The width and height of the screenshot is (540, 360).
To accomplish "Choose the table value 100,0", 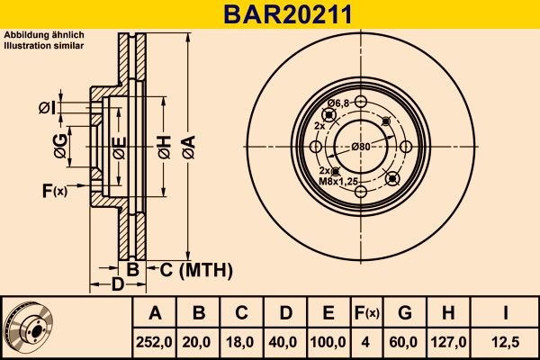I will (x=329, y=342).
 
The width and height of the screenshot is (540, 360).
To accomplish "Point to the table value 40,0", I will (x=285, y=342).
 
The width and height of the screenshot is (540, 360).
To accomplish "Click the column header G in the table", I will (x=405, y=313).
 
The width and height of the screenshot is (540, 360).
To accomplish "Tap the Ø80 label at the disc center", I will (x=362, y=147).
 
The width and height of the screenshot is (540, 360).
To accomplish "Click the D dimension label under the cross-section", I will (x=119, y=285).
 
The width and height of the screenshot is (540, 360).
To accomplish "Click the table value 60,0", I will (x=405, y=342).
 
